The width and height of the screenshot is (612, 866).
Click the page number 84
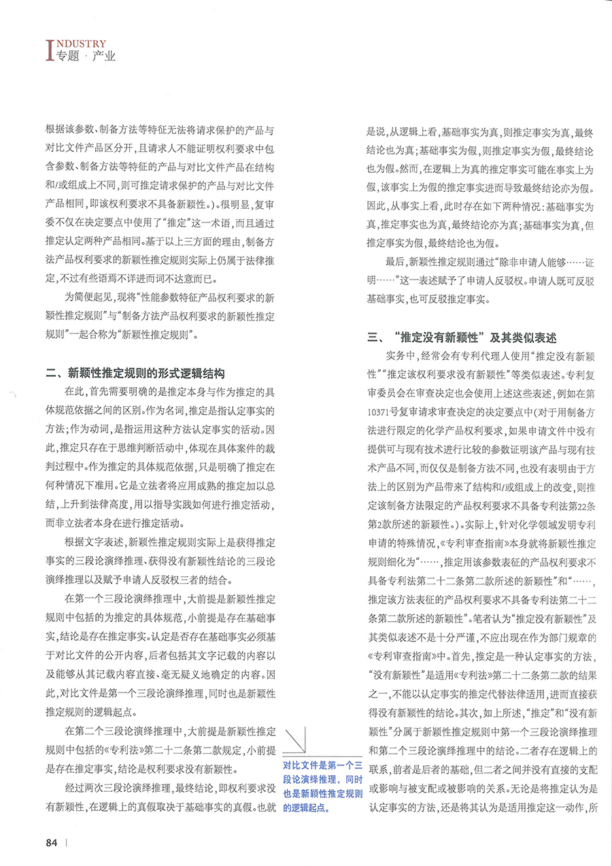(51, 842)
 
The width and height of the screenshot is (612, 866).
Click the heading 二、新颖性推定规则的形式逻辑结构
(133, 373)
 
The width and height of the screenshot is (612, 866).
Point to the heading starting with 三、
(462, 337)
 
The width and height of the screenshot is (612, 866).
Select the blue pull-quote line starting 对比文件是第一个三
(322, 765)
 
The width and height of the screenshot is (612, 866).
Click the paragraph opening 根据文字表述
(160, 563)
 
